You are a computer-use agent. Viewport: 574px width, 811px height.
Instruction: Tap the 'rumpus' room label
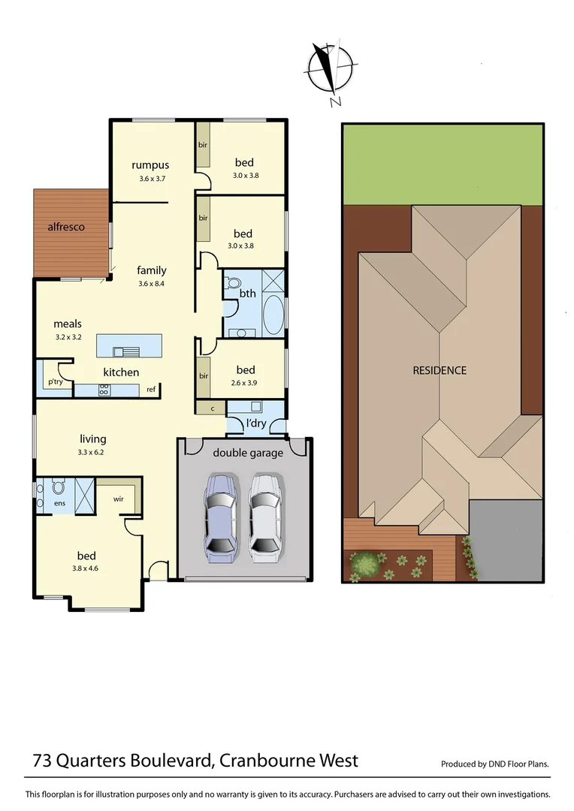point(150,165)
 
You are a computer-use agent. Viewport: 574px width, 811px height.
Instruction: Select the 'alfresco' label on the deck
point(66,226)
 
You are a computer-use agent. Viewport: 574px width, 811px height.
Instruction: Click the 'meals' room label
point(67,324)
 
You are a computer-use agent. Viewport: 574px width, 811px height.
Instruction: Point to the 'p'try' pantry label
point(56,382)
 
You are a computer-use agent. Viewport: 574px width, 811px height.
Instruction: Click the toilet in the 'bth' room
point(232,285)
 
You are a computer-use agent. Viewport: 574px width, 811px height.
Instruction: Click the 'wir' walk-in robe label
point(119,499)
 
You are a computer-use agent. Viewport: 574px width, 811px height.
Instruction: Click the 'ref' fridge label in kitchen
point(151,390)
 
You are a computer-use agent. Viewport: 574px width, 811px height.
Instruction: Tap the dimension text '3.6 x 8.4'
point(151,284)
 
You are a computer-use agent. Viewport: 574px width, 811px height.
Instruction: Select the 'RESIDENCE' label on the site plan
point(440,370)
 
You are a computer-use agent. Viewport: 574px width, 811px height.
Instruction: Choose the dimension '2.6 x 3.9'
point(245,383)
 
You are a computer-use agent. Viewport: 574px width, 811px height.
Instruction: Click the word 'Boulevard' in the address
point(165,760)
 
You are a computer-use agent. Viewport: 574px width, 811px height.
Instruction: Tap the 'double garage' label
point(248,452)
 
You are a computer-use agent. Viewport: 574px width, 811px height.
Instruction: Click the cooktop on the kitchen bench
point(104,390)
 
